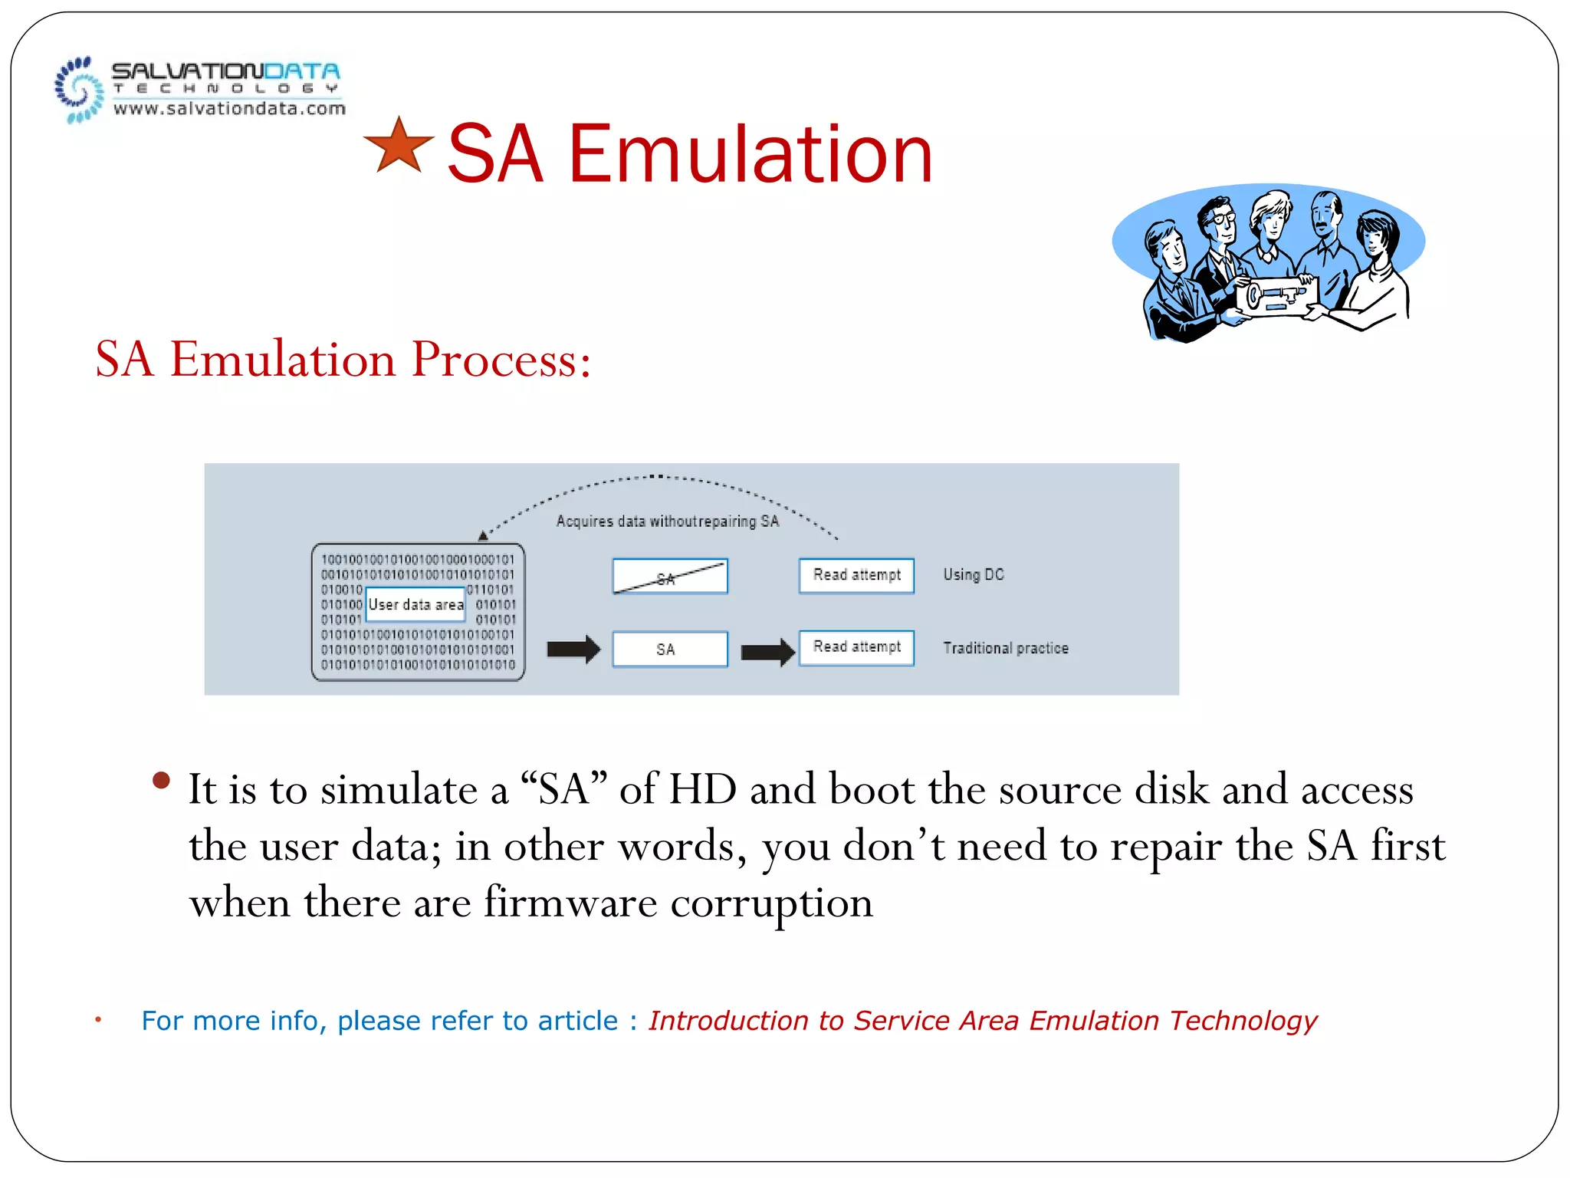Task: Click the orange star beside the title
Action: point(398,147)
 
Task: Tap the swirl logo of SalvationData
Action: point(78,90)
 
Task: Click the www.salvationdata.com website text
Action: point(229,109)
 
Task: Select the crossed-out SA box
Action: point(669,577)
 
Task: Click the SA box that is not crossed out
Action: point(669,649)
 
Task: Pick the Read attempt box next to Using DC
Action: point(856,575)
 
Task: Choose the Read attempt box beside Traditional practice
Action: point(856,647)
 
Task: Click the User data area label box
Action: point(415,604)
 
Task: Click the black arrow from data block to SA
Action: point(573,649)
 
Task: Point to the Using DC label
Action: point(973,574)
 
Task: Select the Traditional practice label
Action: point(1005,648)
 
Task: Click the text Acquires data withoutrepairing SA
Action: point(667,522)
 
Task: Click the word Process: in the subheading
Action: point(501,359)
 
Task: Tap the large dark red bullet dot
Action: point(161,781)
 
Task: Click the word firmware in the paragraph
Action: point(570,902)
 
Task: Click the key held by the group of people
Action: point(1273,296)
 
